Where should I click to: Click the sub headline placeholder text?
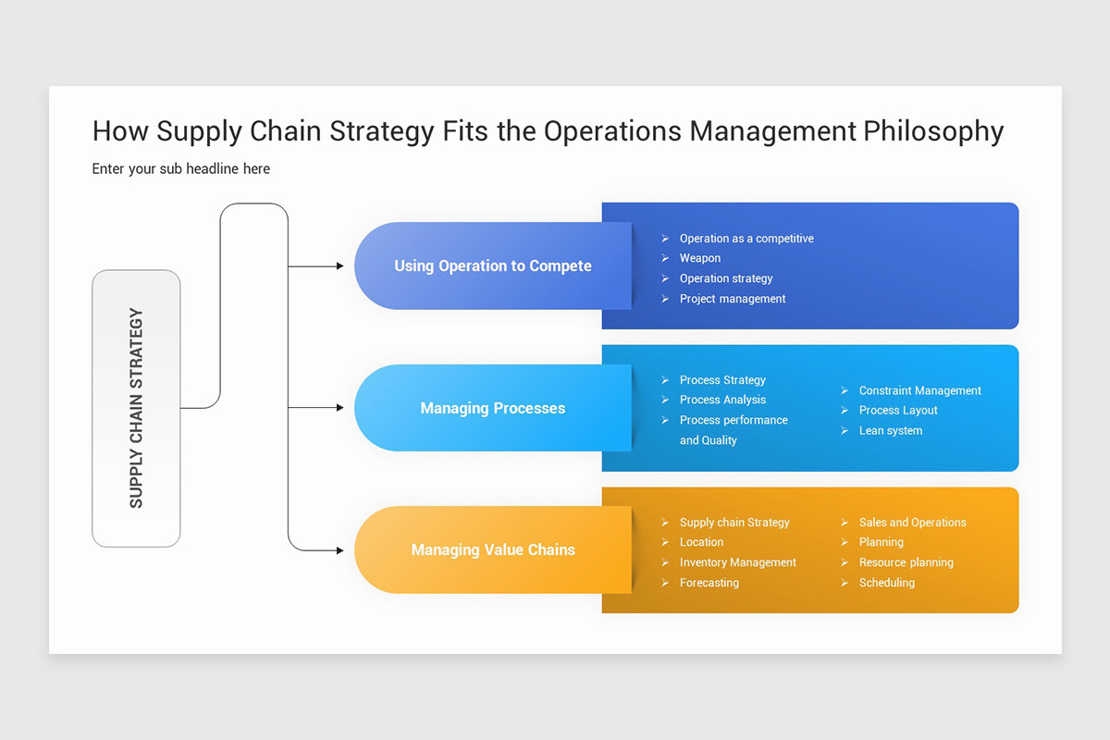coord(181,168)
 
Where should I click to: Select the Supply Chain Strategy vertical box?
coord(136,408)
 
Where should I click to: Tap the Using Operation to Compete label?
coord(492,265)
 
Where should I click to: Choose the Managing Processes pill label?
coord(492,408)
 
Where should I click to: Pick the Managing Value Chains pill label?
coord(492,549)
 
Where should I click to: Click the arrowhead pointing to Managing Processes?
coord(339,408)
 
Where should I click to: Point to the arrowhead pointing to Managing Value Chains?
coord(339,550)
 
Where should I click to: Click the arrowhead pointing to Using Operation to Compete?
coord(339,266)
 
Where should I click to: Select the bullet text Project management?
coord(732,299)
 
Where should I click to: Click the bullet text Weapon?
coord(699,258)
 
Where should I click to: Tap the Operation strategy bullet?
coord(725,278)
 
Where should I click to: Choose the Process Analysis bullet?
coord(722,400)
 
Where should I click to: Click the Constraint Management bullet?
coord(919,390)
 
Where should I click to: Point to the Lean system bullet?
coord(890,430)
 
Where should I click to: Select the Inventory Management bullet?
coord(737,562)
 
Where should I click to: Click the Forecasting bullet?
coord(709,583)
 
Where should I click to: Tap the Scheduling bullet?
coord(886,583)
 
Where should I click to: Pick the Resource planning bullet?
coord(906,562)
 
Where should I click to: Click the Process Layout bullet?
coord(897,410)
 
